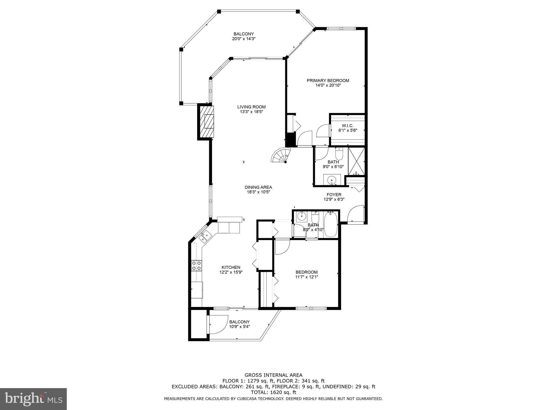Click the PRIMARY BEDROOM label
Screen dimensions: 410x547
pos(328,81)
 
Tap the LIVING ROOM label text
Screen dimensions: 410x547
pos(251,107)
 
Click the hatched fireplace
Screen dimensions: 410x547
pos(207,122)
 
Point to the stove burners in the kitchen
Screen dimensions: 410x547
pos(197,266)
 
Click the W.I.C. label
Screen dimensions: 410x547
pos(347,126)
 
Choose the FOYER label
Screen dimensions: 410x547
pos(334,195)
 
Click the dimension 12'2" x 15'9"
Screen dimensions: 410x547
pos(231,272)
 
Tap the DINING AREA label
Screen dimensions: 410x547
pos(258,187)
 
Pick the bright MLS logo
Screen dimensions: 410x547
pos(33,399)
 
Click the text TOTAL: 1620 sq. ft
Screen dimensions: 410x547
pos(273,392)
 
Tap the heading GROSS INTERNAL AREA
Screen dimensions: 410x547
pos(273,375)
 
